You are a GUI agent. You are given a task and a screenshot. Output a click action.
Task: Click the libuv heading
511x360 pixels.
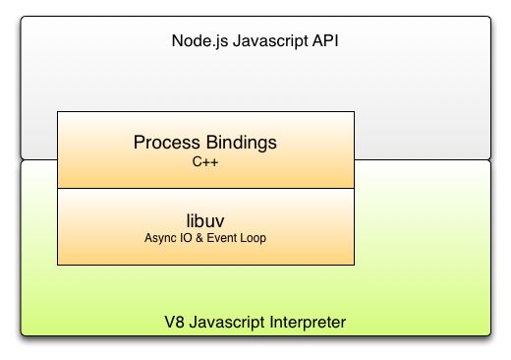pyautogui.click(x=205, y=221)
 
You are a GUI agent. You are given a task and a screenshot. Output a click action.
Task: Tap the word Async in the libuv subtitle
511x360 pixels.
pyautogui.click(x=158, y=239)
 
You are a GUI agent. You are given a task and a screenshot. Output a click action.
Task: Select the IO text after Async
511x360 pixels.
pyautogui.click(x=182, y=239)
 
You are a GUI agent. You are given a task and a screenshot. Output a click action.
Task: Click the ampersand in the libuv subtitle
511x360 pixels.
pyautogui.click(x=196, y=239)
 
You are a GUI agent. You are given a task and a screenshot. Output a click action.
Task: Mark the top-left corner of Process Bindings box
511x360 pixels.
pyautogui.click(x=58, y=112)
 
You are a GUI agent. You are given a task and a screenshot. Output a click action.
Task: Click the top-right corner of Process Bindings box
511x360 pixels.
pyautogui.click(x=354, y=112)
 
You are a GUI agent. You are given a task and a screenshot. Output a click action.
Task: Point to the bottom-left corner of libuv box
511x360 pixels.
pyautogui.click(x=58, y=264)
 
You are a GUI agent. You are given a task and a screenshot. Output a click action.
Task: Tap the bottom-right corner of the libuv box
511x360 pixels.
pyautogui.click(x=354, y=264)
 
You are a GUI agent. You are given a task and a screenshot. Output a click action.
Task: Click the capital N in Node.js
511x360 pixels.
pyautogui.click(x=177, y=42)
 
